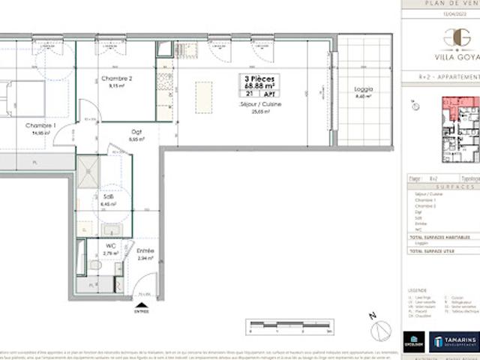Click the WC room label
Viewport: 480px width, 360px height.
point(110,247)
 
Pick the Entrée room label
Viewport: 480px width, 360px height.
point(145,251)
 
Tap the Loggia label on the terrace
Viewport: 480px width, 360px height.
point(363,90)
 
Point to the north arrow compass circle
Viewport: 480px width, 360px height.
point(381,327)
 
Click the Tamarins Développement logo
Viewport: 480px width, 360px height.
point(454,341)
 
